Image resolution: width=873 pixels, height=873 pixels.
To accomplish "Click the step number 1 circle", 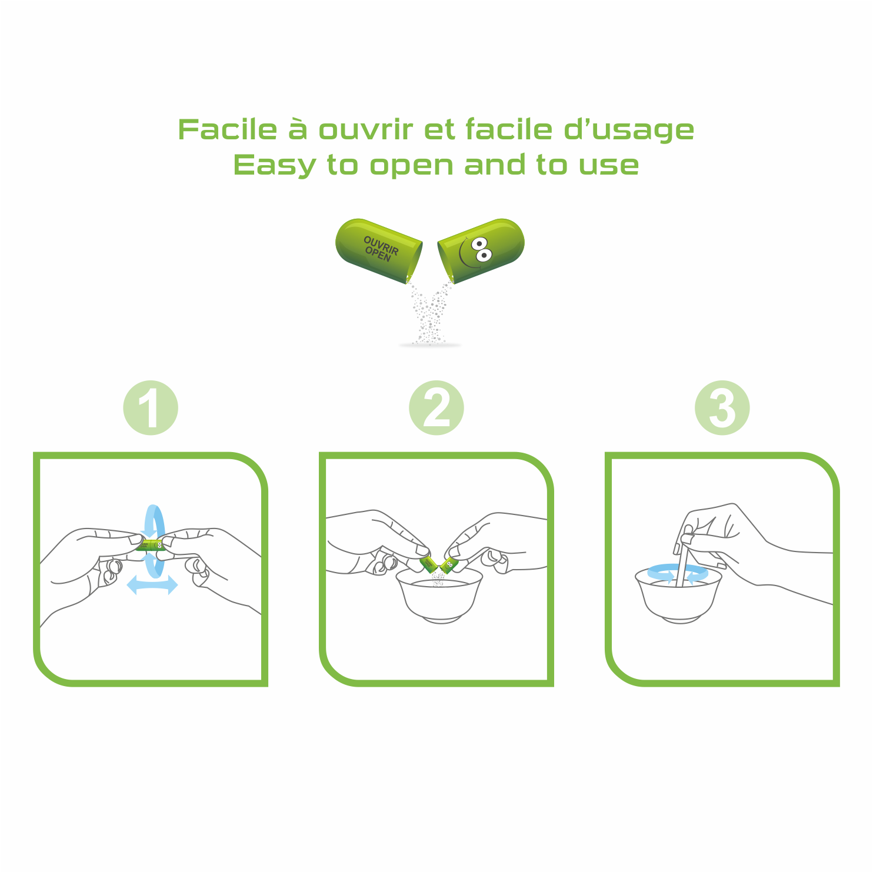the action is [x=151, y=408].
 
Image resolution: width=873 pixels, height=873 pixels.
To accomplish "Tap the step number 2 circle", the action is [x=436, y=408].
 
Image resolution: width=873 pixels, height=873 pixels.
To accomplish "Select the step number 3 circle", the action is [x=722, y=408].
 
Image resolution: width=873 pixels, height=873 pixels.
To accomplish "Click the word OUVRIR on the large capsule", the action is [x=381, y=245].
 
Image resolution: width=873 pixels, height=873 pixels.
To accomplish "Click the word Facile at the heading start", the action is [x=228, y=129].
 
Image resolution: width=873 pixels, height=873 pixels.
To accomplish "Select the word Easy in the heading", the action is [x=275, y=165].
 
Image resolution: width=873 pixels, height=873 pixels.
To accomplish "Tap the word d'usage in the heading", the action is [x=629, y=129].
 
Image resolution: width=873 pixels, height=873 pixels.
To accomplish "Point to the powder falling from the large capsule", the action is [x=431, y=315].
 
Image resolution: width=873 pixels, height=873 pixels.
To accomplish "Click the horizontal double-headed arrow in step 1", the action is [x=152, y=585].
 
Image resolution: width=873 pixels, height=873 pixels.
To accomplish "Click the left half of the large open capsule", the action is [x=379, y=250].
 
